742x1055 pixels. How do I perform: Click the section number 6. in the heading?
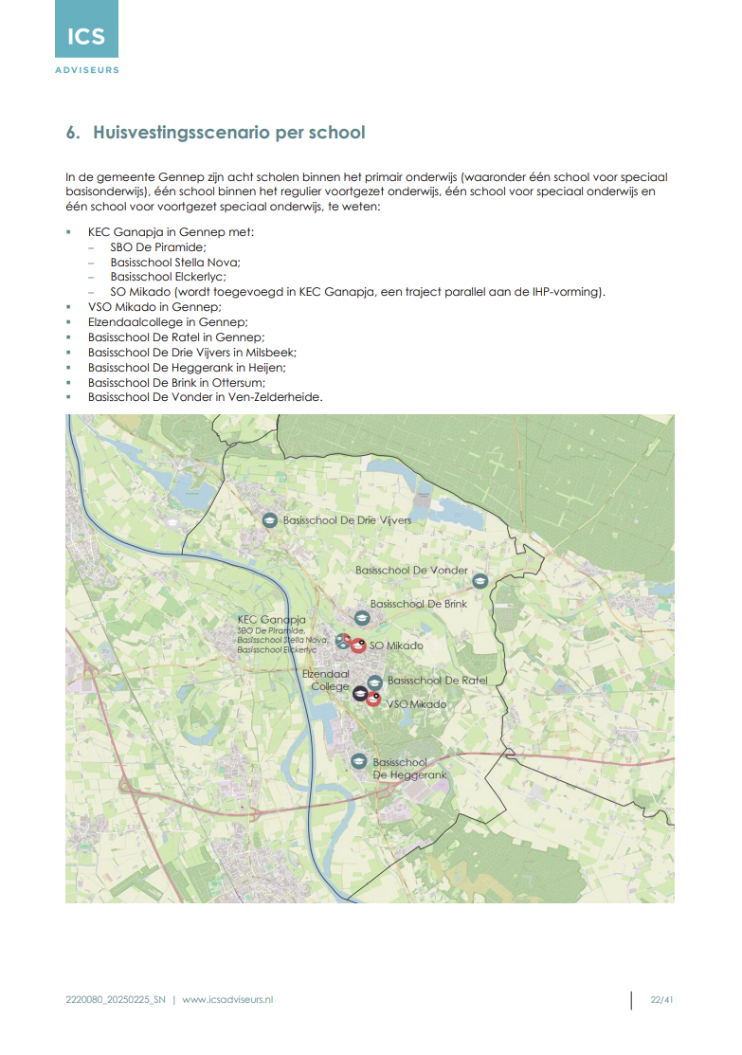73,133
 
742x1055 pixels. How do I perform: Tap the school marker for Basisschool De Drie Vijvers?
270,520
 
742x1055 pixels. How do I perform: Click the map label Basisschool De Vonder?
411,570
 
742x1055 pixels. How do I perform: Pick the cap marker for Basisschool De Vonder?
480,580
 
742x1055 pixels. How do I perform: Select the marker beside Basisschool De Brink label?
361,615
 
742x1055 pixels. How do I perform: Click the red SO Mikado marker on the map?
357,646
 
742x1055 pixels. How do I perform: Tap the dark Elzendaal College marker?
360,694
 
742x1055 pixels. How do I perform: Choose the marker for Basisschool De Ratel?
375,682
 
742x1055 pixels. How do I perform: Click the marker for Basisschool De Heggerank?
358,761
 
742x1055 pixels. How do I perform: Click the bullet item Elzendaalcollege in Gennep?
155,322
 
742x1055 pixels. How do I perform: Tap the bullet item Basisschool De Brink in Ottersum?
176,382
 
